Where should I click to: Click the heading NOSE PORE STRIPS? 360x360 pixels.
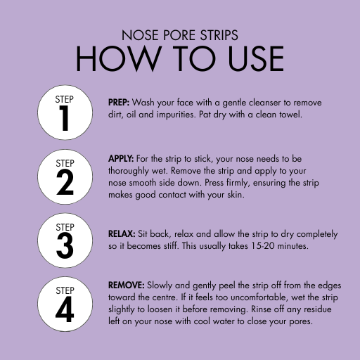(x=180, y=35)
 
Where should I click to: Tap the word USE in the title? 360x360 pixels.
(x=256, y=58)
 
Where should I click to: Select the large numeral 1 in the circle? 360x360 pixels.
(x=64, y=118)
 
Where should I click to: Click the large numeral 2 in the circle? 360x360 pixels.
(x=65, y=182)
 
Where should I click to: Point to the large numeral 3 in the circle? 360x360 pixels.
(x=65, y=246)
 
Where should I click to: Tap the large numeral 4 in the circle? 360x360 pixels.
(x=65, y=309)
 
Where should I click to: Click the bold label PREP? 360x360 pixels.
(x=119, y=103)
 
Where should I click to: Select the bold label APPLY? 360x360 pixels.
(x=121, y=159)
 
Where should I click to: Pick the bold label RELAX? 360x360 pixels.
(x=122, y=233)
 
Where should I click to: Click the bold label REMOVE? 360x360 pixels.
(x=127, y=285)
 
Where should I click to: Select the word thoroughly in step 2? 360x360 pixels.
(x=129, y=171)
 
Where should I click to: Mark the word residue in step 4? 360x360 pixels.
(x=318, y=309)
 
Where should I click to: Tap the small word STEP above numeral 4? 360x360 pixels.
(x=65, y=290)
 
